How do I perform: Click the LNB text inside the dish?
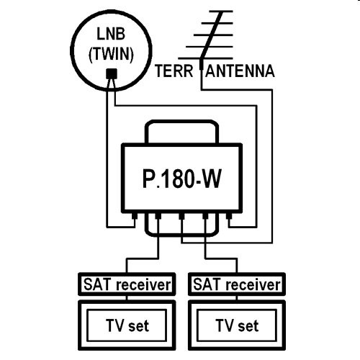click(111, 34)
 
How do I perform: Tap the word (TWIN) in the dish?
click(111, 54)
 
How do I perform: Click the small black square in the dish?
click(112, 73)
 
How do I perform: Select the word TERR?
click(174, 71)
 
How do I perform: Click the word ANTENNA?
click(240, 71)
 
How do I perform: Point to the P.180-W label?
click(181, 179)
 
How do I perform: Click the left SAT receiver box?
click(127, 284)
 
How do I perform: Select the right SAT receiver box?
click(237, 284)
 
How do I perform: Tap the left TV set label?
click(127, 325)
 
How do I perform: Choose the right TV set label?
click(237, 325)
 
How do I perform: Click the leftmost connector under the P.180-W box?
click(135, 216)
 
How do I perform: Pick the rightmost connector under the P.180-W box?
click(229, 216)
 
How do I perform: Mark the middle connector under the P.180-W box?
click(181, 216)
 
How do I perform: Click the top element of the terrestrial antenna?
click(221, 12)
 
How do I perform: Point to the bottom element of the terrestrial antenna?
click(205, 58)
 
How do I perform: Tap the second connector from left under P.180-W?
click(158, 216)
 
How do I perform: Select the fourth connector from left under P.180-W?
click(205, 216)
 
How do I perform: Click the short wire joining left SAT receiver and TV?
click(127, 298)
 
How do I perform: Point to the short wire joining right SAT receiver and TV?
click(237, 298)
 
